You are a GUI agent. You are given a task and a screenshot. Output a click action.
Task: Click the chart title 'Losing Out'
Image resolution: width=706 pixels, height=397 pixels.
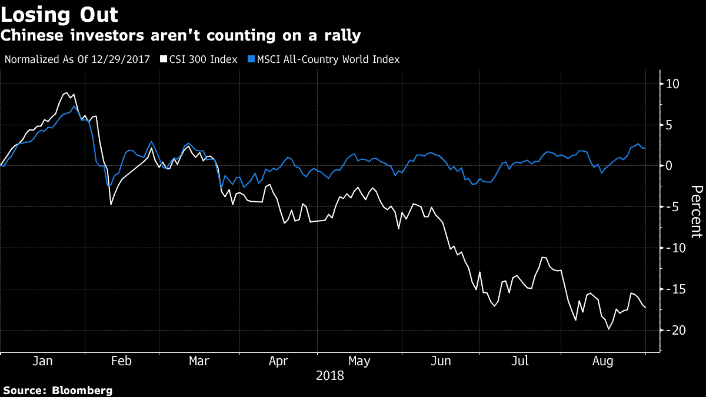pyautogui.click(x=59, y=15)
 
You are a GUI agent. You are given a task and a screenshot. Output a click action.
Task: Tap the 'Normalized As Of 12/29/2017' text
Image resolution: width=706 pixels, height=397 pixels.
pyautogui.click(x=76, y=59)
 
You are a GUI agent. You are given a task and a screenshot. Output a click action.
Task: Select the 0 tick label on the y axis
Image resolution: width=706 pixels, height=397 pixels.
pyautogui.click(x=668, y=166)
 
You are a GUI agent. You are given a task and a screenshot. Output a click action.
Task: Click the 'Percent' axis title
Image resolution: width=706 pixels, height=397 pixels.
pyautogui.click(x=696, y=212)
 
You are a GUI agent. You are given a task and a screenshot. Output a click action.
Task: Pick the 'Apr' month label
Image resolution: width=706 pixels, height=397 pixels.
pyautogui.click(x=278, y=361)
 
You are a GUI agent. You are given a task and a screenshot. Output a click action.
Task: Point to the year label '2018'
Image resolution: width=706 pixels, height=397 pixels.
pyautogui.click(x=330, y=375)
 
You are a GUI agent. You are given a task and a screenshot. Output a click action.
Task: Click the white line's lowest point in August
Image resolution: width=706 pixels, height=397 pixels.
pyautogui.click(x=608, y=329)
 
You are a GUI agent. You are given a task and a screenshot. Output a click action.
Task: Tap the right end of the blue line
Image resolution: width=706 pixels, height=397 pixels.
pyautogui.click(x=645, y=148)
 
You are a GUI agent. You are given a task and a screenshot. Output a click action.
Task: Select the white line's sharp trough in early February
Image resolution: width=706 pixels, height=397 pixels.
pyautogui.click(x=111, y=204)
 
